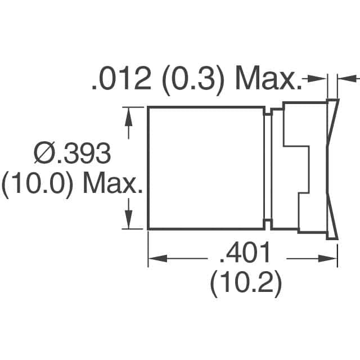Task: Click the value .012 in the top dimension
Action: tap(120, 80)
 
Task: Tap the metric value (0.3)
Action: tap(192, 80)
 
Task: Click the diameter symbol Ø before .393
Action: tap(44, 154)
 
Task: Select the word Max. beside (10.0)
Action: tap(112, 185)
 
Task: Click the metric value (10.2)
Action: tap(246, 286)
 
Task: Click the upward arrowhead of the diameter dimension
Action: tap(130, 115)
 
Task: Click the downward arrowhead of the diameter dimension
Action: tap(130, 221)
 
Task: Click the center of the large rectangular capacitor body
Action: tap(206, 168)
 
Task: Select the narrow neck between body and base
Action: tap(268, 168)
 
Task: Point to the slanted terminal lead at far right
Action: tap(332, 168)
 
